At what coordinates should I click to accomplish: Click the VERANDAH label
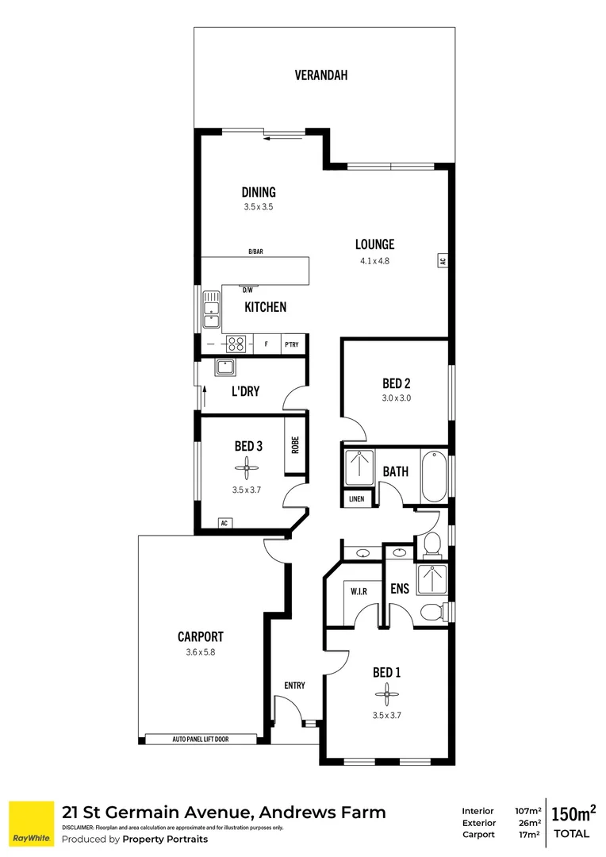321,76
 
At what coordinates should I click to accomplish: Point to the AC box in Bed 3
224,524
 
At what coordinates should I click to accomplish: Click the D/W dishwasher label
247,290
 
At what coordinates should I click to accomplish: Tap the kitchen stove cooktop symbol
236,344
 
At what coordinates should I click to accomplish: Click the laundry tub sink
224,368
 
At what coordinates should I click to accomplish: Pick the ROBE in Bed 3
294,446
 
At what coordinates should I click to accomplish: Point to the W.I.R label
358,591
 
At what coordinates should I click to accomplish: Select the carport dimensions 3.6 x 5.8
200,652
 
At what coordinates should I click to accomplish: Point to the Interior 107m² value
527,811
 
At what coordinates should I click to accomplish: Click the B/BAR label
255,252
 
